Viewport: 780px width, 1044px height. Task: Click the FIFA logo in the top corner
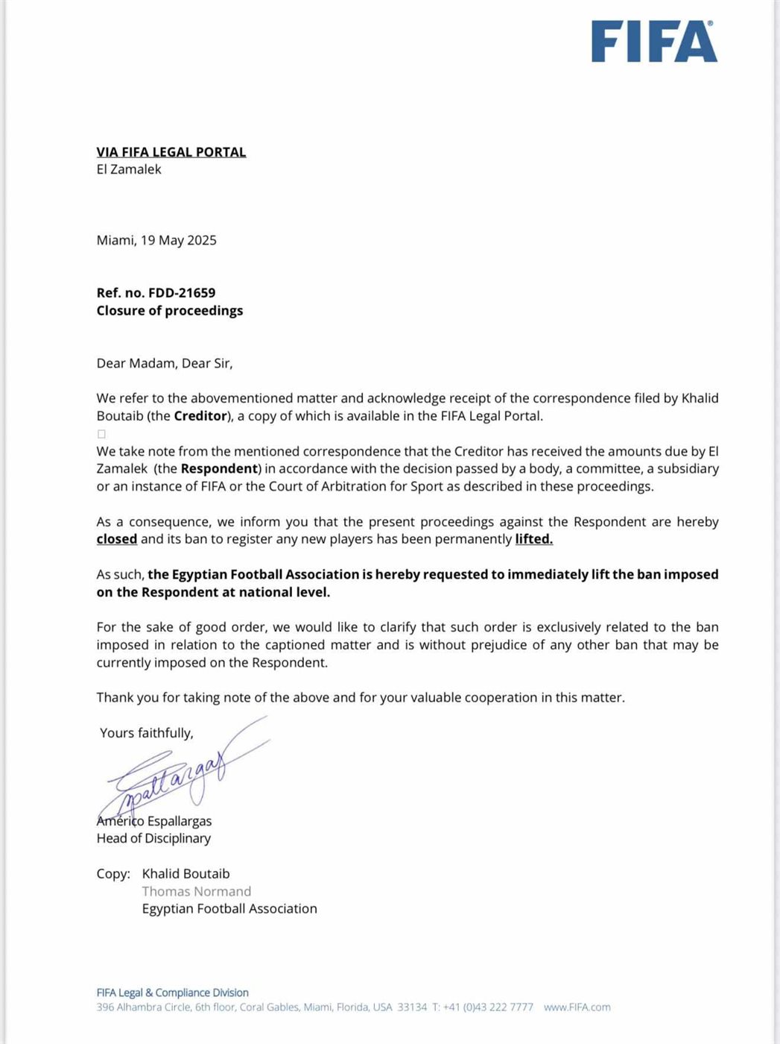(653, 42)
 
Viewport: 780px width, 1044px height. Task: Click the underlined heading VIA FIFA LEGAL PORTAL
(171, 152)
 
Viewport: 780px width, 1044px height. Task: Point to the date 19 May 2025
(179, 240)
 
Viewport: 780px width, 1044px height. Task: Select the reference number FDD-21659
(182, 293)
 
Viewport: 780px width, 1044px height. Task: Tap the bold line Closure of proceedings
(170, 310)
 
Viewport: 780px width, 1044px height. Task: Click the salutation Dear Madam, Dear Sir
(165, 363)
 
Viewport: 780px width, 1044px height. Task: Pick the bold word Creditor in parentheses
(200, 416)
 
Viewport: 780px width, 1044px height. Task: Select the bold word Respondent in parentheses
(219, 469)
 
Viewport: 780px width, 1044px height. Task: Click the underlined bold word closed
(117, 539)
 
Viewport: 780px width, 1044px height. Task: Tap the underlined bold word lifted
(533, 539)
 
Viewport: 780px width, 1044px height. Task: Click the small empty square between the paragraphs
(101, 434)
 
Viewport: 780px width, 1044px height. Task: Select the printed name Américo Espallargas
(154, 821)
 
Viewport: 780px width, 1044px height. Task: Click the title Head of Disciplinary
(153, 838)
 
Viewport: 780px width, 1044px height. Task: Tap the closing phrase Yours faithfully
(147, 733)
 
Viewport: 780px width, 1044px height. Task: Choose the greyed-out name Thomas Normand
(197, 891)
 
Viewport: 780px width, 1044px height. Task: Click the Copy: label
(113, 874)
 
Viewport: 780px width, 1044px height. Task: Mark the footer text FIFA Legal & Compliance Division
(172, 993)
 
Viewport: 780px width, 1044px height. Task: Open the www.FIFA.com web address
(577, 1007)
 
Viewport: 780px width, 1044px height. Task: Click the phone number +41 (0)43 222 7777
(488, 1007)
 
